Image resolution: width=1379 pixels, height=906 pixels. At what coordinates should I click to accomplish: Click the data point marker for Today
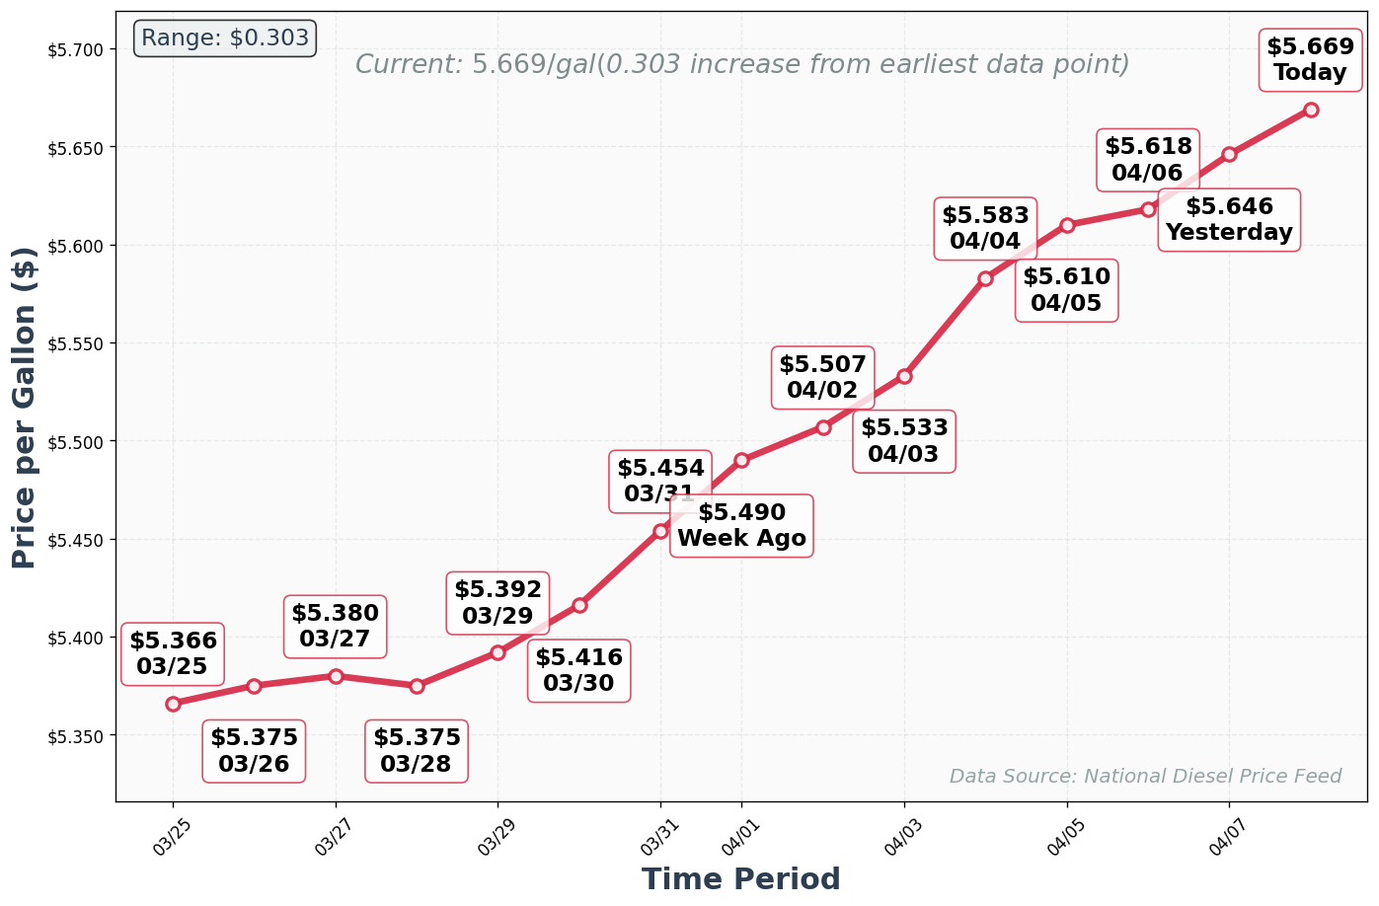point(1311,110)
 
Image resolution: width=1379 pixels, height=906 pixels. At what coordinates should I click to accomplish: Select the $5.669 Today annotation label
point(1310,60)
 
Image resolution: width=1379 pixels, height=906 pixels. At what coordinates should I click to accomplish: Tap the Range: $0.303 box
point(225,38)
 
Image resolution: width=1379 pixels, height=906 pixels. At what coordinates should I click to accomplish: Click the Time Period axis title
point(740,878)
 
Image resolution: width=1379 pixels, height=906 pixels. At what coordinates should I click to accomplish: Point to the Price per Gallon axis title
point(25,408)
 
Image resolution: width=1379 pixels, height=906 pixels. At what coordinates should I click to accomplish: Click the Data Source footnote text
point(1145,777)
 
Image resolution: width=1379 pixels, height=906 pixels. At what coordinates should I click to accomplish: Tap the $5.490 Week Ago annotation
point(741,526)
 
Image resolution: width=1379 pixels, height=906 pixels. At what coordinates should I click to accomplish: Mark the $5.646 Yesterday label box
point(1229,220)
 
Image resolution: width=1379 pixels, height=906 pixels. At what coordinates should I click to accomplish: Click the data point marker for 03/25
point(173,704)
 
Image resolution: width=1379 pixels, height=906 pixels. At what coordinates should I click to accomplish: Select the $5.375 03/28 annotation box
point(417,751)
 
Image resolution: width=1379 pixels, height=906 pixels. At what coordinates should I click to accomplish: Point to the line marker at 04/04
point(985,279)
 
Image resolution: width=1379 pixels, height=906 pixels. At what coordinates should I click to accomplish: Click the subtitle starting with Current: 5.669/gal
point(741,65)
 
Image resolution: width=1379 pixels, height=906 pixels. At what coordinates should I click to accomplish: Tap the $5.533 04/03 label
point(904,441)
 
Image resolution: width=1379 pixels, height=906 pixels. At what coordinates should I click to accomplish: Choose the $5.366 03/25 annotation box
point(173,654)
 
